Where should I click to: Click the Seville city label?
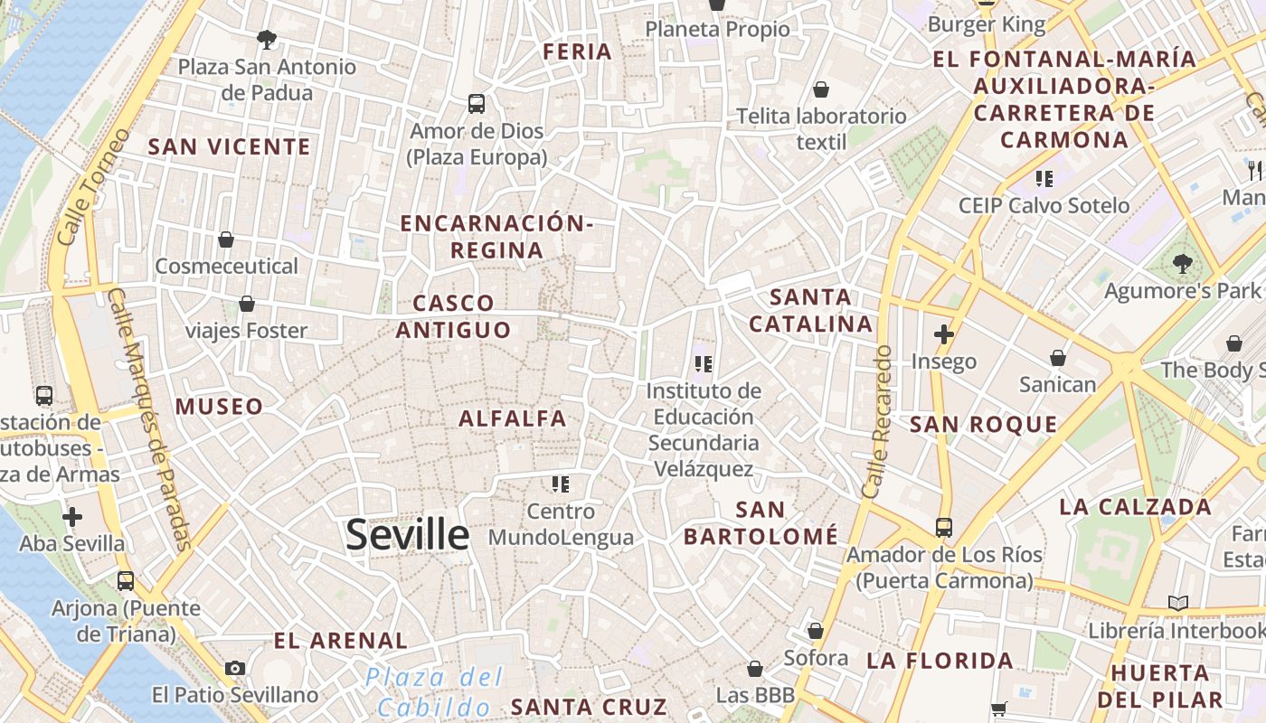tap(408, 535)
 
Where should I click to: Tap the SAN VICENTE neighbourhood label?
tap(229, 146)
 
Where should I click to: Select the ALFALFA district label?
tap(513, 418)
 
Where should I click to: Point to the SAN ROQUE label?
tap(984, 425)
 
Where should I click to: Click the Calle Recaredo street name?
tap(877, 422)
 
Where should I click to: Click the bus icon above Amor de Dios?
tap(477, 103)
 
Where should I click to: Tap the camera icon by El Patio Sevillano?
tap(235, 668)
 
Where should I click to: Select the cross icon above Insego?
tap(944, 334)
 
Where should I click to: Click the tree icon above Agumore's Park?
tap(1182, 264)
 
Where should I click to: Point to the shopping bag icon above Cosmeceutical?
tap(226, 239)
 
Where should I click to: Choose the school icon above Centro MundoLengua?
tap(561, 484)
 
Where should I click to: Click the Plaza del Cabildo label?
tap(435, 691)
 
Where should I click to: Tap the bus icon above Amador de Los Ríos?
tap(944, 527)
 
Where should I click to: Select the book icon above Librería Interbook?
tap(1177, 603)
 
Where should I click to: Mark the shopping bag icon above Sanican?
tap(1057, 358)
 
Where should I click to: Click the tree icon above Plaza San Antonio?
tap(266, 39)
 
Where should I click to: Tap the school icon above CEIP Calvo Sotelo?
tap(1044, 179)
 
